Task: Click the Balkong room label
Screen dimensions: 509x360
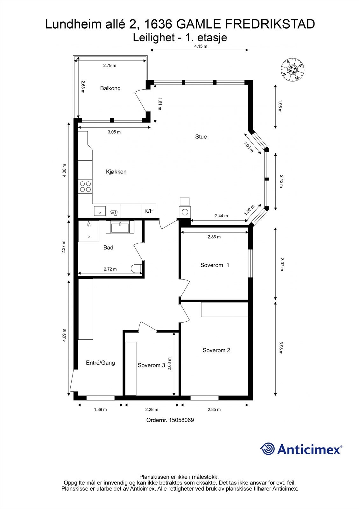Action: pyautogui.click(x=110, y=88)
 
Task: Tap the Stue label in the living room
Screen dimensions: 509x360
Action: pyautogui.click(x=201, y=136)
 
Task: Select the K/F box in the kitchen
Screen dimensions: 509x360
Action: pyautogui.click(x=149, y=211)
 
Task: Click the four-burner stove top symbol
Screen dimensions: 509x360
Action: pyautogui.click(x=85, y=186)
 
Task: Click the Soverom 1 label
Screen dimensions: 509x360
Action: pyautogui.click(x=215, y=265)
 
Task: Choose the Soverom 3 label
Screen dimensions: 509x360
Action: pyautogui.click(x=151, y=365)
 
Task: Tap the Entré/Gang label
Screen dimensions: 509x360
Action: pyautogui.click(x=100, y=363)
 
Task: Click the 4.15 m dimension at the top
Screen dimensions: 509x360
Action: pyautogui.click(x=201, y=46)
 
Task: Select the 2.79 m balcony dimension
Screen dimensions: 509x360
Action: pyautogui.click(x=109, y=66)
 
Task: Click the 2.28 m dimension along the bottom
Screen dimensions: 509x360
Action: pyautogui.click(x=152, y=409)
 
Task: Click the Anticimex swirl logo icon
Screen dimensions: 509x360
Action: pyautogui.click(x=267, y=449)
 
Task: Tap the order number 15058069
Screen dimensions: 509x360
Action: pyautogui.click(x=181, y=420)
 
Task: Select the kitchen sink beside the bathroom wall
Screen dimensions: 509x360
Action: pyautogui.click(x=100, y=211)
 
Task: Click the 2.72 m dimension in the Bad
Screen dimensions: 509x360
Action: pyautogui.click(x=110, y=269)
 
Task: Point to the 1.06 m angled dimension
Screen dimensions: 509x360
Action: pyautogui.click(x=249, y=147)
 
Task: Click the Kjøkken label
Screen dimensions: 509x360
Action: pyautogui.click(x=116, y=172)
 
